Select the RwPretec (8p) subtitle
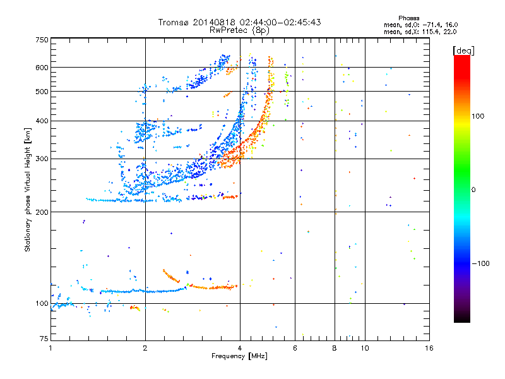239,30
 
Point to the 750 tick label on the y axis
42,40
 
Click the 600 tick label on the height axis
42,68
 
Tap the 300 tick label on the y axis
42,159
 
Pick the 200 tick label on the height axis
42,212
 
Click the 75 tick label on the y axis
44,339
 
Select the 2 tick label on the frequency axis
145,348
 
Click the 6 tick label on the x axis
295,348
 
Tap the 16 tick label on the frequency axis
429,348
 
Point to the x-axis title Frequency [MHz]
239,356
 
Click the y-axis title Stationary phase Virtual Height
28,189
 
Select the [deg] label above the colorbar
463,51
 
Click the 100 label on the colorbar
478,116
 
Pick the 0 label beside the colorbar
473,189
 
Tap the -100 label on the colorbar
480,263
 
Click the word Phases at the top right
408,18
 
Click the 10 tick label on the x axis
365,348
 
